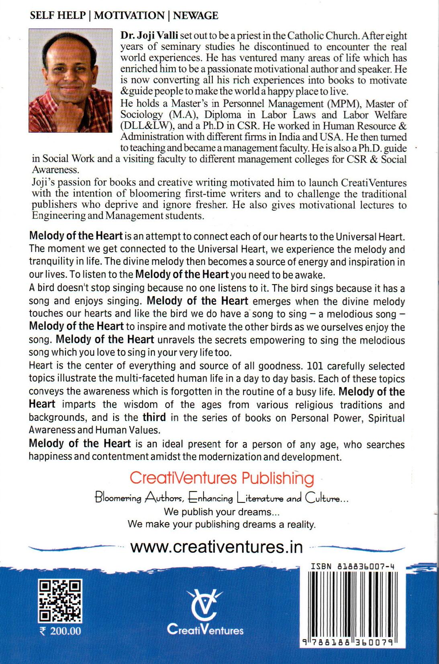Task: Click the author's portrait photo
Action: [71, 80]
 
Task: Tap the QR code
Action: [60, 600]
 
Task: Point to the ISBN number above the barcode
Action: [352, 566]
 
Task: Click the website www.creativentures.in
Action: [216, 547]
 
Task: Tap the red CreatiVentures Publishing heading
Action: [222, 478]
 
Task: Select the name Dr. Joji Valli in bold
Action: [149, 35]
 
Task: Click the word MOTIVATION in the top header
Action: [129, 16]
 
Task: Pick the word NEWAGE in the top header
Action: [196, 16]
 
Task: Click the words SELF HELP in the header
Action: [58, 16]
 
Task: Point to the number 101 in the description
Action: [315, 366]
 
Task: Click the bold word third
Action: [154, 417]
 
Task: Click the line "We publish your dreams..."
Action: [222, 512]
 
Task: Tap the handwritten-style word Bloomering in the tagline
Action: [118, 498]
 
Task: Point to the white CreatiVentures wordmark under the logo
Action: [205, 630]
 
